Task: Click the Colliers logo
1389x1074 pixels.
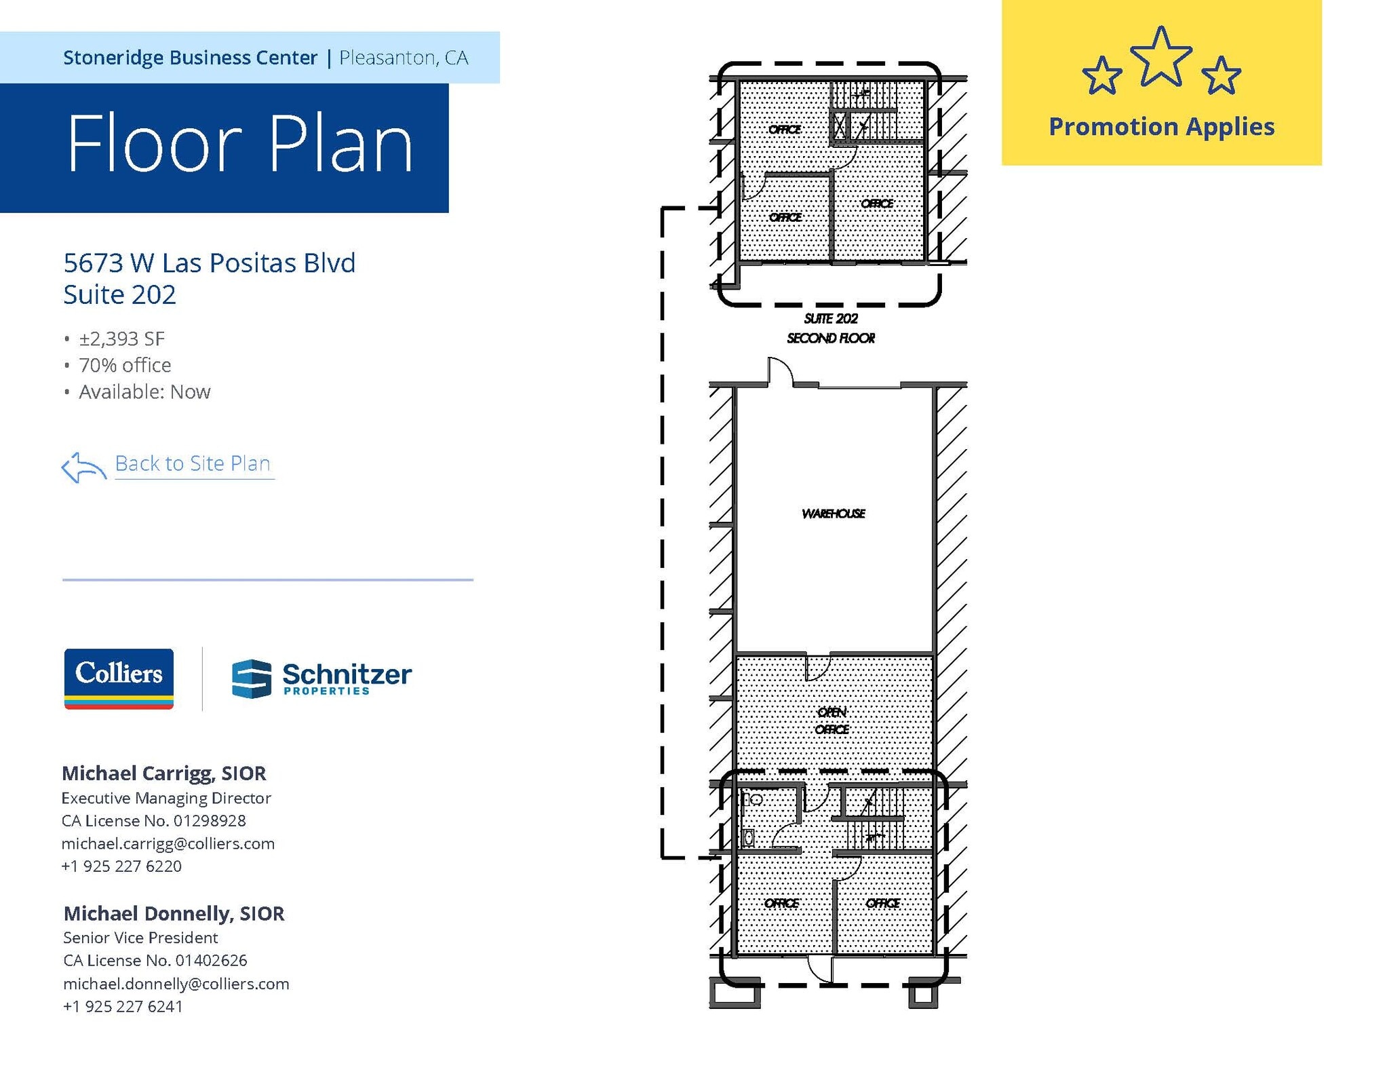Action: (x=119, y=678)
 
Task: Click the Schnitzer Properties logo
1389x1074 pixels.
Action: (x=321, y=678)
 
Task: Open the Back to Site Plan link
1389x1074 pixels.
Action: (x=193, y=463)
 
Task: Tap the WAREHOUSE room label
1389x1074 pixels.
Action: (x=833, y=514)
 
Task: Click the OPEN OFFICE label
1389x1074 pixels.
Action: (x=832, y=721)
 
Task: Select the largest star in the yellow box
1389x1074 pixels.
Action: (x=1161, y=59)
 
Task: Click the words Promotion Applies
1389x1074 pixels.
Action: (x=1161, y=127)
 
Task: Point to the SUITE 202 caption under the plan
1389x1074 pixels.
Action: (x=831, y=319)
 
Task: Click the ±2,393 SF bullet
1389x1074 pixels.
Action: (x=121, y=339)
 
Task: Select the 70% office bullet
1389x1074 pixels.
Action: (x=125, y=365)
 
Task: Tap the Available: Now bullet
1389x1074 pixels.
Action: (x=144, y=391)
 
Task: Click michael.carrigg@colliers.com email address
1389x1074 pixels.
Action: (x=168, y=843)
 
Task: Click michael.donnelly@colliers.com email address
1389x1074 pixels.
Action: (x=176, y=983)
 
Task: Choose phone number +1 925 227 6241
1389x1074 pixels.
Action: (x=123, y=1006)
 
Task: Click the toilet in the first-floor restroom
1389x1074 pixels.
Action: (x=754, y=799)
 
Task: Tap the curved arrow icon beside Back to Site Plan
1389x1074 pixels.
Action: (x=83, y=467)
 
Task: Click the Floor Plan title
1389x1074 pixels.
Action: (x=239, y=145)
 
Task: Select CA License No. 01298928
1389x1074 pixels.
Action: (x=154, y=820)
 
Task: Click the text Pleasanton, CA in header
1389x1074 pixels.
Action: (x=404, y=58)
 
